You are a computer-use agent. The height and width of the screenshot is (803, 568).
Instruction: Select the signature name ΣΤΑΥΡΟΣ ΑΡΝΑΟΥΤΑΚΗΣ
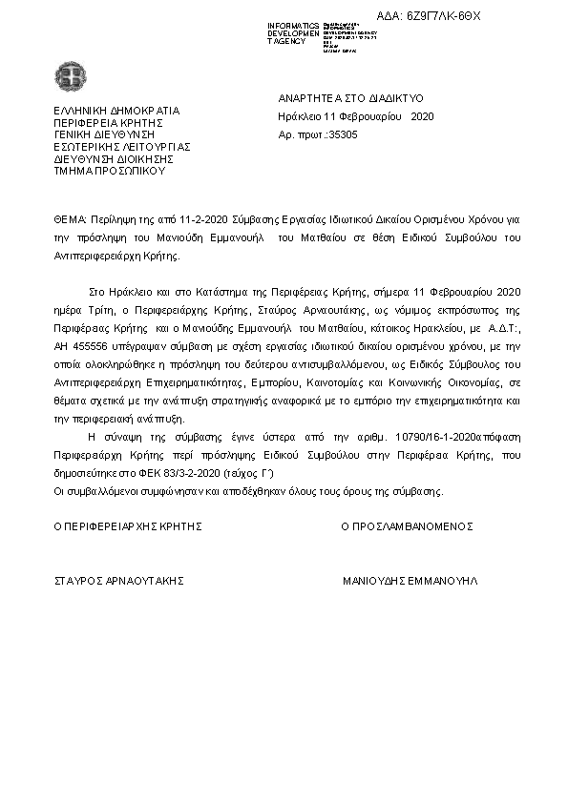pos(118,580)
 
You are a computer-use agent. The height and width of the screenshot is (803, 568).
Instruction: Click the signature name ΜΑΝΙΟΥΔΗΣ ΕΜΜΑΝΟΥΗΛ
pos(410,580)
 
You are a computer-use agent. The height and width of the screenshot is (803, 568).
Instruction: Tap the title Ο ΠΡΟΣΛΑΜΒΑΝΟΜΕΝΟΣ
pos(407,526)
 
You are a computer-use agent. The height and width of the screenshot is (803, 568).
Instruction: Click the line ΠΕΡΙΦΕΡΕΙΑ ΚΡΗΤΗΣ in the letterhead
pos(110,122)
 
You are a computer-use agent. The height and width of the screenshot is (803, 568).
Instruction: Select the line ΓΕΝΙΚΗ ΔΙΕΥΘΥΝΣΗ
pos(100,134)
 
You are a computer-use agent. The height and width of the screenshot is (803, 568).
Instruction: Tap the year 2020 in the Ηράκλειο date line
pos(421,116)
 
